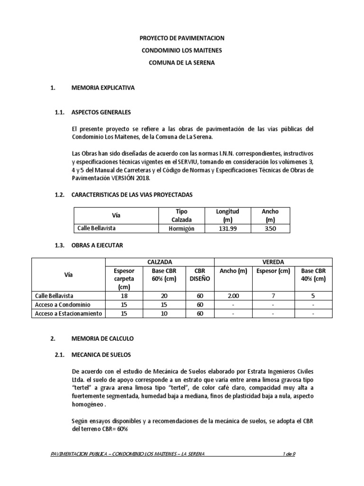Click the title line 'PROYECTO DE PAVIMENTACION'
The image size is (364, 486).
(182, 38)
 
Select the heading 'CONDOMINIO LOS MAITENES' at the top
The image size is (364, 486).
(182, 50)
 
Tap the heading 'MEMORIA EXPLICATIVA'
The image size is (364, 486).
(103, 88)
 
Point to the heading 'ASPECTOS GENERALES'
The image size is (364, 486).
(100, 112)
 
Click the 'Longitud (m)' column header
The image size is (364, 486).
(227, 215)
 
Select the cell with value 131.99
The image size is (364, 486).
(227, 228)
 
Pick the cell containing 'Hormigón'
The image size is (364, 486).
(181, 228)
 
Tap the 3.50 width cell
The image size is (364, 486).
(270, 228)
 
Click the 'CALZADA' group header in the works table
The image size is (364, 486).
(160, 262)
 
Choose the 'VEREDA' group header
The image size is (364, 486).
(273, 262)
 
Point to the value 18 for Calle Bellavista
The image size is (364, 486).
(124, 295)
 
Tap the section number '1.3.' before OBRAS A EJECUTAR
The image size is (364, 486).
(59, 245)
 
